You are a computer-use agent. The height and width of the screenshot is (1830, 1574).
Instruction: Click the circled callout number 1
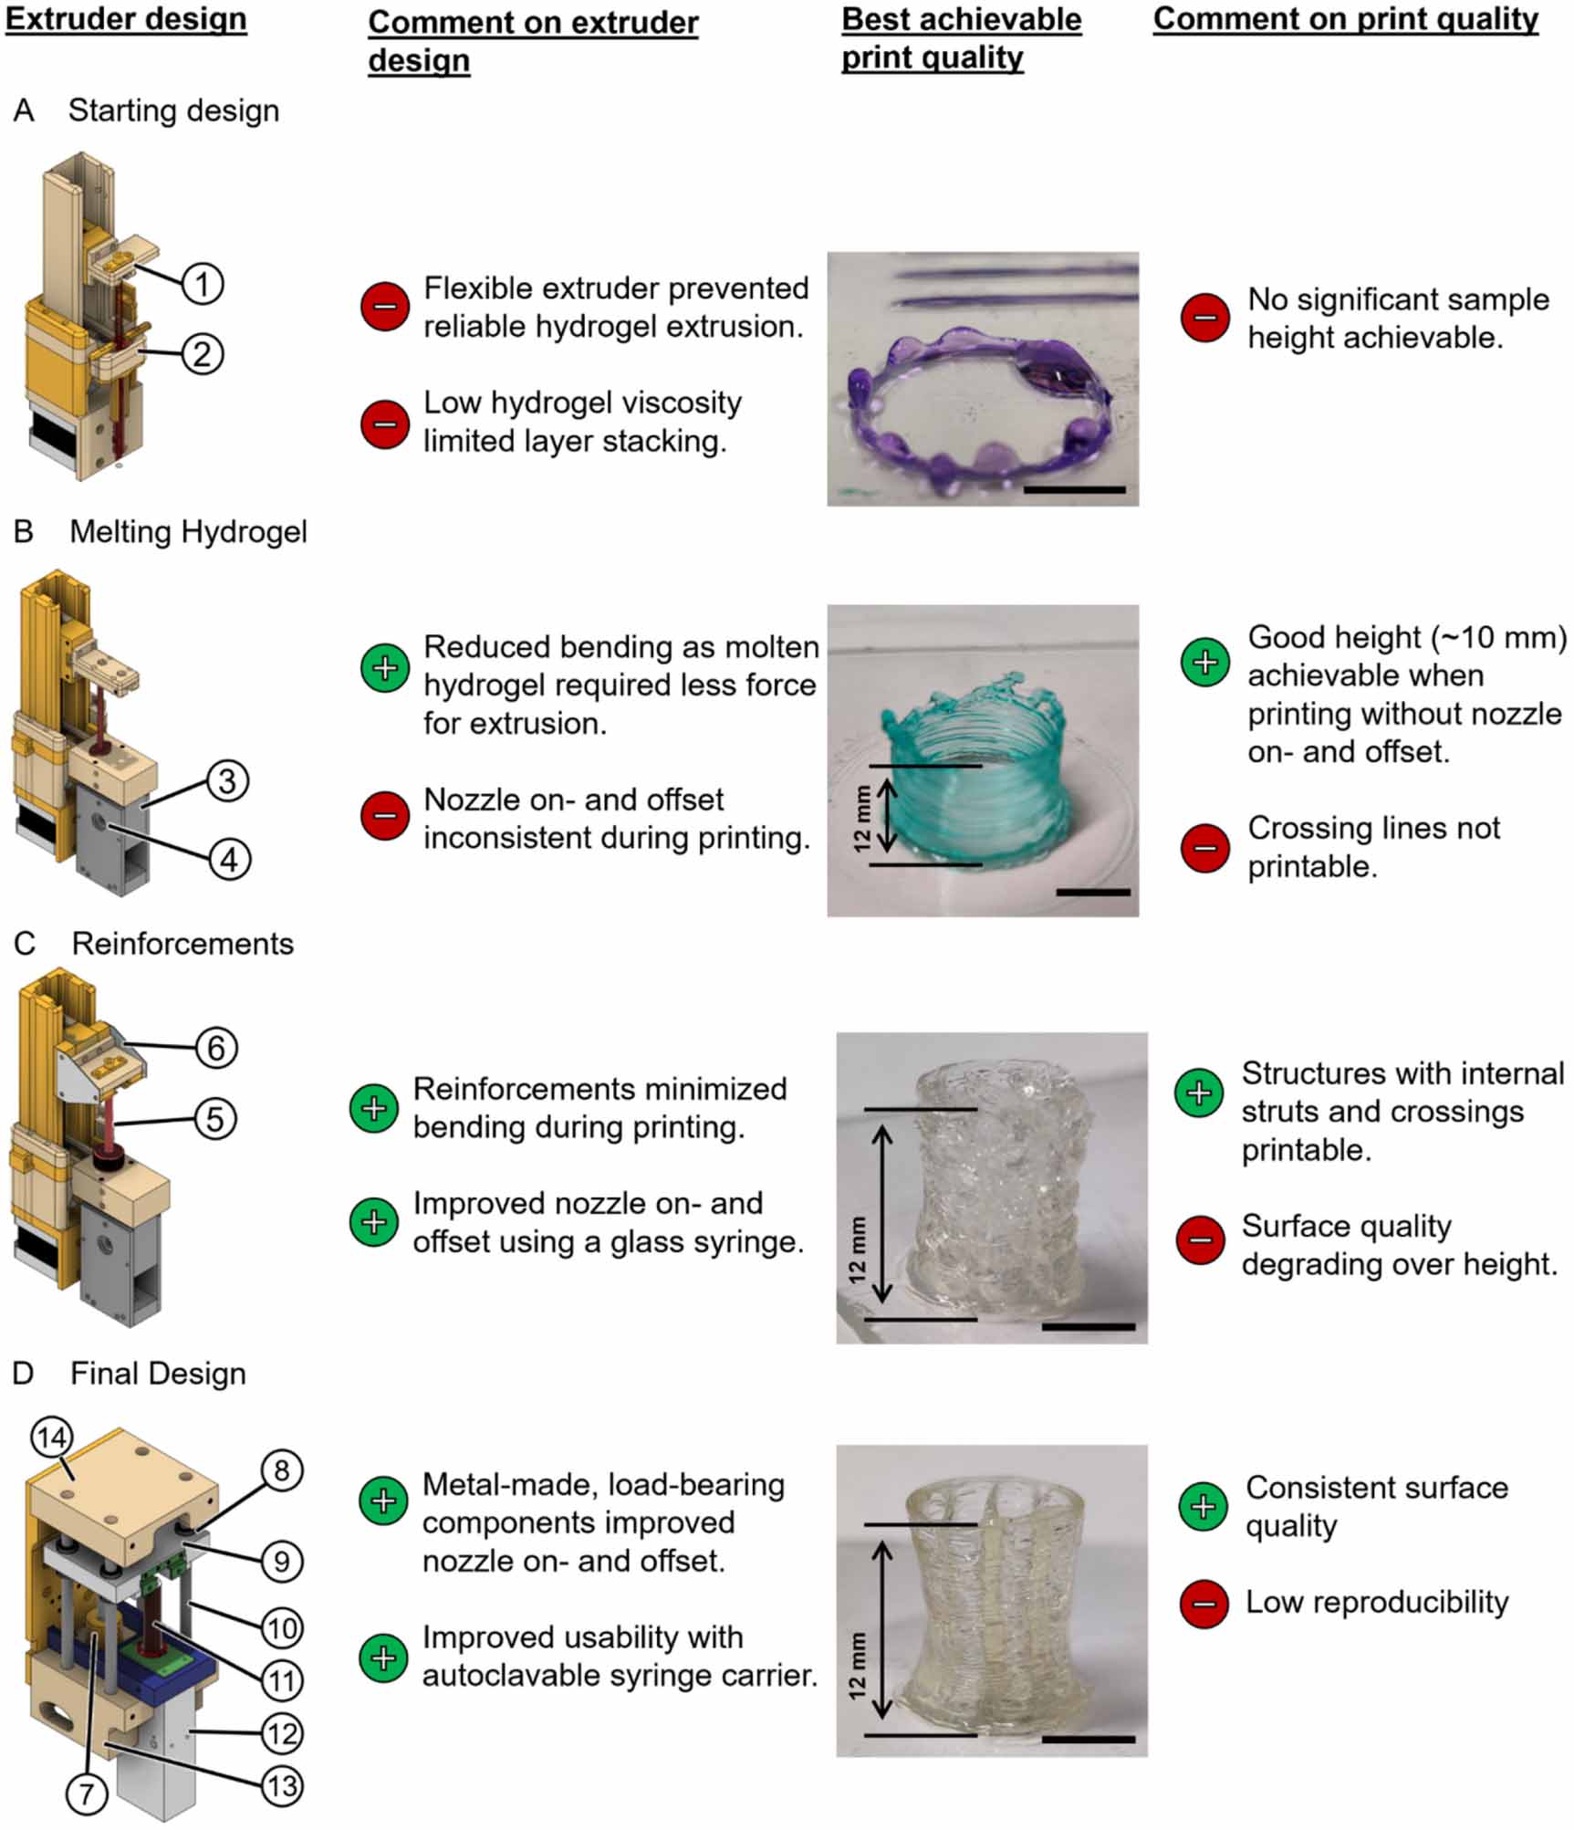point(202,283)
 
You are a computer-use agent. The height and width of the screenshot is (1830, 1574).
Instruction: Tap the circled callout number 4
point(228,859)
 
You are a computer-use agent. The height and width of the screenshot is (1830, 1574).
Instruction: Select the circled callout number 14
point(51,1438)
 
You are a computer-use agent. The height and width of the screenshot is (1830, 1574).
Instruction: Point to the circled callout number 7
point(87,1793)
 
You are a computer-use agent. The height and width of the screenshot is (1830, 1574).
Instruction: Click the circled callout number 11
point(281,1680)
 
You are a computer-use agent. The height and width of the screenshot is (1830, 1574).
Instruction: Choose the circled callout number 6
point(216,1048)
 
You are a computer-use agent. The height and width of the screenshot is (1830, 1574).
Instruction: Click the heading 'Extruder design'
point(126,20)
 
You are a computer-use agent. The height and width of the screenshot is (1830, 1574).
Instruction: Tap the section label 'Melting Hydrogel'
point(188,532)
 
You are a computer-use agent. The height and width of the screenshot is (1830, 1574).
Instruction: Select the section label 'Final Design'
point(158,1374)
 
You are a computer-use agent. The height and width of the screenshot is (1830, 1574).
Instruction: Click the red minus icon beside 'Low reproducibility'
point(1204,1603)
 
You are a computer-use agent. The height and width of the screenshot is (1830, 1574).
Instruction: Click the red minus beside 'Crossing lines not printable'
point(1204,847)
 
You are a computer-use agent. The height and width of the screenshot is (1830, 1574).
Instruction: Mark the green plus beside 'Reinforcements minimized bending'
point(374,1108)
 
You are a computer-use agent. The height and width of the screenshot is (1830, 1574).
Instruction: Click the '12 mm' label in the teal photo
point(861,819)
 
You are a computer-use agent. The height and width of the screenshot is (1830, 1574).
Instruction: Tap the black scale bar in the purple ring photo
point(1074,490)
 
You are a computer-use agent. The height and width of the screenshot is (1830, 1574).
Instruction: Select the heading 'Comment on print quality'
point(1346,20)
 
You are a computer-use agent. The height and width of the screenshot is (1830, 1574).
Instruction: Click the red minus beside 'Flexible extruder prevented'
point(384,307)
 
